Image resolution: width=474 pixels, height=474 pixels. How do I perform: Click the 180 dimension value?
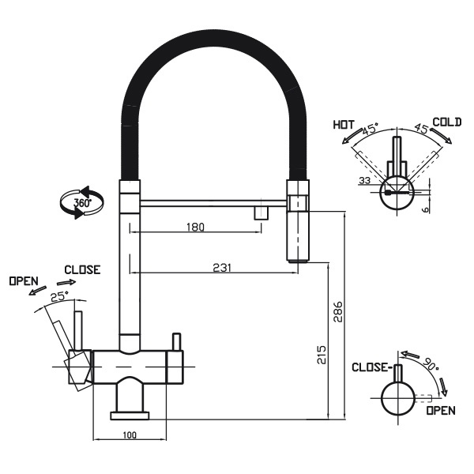[195, 228]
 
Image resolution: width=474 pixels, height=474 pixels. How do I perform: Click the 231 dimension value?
[222, 268]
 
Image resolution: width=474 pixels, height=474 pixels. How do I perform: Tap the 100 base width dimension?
[130, 435]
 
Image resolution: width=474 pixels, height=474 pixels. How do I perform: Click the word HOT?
[343, 125]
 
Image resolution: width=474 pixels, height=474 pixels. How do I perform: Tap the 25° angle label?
[58, 297]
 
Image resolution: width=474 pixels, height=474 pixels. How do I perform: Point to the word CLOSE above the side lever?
[82, 270]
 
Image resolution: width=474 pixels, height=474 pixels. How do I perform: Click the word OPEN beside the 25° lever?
[24, 281]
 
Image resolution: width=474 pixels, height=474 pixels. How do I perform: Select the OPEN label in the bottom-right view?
[440, 411]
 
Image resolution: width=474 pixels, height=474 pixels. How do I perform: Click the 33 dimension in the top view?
[364, 181]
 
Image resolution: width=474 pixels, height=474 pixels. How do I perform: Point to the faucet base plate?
[130, 414]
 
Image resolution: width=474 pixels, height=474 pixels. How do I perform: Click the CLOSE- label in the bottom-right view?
[371, 367]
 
